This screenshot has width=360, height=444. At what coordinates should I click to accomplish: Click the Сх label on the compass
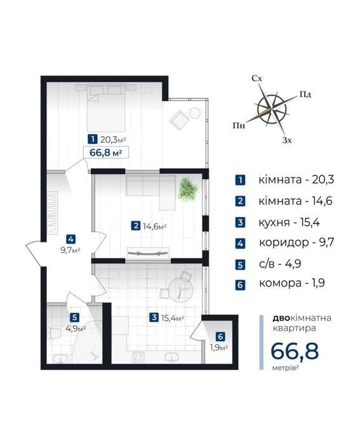257,78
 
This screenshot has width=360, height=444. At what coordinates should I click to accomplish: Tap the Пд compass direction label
305,94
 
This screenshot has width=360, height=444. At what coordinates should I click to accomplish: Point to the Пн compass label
239,125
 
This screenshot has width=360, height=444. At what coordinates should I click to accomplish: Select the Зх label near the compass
287,140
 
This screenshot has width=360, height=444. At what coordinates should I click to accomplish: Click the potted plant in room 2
187,188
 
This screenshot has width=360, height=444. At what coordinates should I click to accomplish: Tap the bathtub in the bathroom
86,342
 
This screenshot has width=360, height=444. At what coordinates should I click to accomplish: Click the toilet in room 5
53,333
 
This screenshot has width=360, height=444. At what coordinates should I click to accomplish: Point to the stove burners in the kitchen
138,357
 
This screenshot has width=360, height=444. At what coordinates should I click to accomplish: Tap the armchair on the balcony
179,120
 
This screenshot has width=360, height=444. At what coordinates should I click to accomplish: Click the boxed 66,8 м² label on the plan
106,153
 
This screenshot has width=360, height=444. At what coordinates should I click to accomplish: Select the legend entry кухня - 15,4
289,222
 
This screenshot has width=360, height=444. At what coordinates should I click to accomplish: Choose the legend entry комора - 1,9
292,283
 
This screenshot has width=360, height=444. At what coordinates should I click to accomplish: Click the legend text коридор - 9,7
297,243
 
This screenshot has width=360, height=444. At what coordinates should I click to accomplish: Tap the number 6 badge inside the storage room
220,337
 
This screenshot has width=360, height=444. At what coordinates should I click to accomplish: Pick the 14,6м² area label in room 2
154,226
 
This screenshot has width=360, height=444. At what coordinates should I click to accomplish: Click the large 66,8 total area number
295,351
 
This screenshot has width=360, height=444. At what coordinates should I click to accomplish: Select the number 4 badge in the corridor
70,239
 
